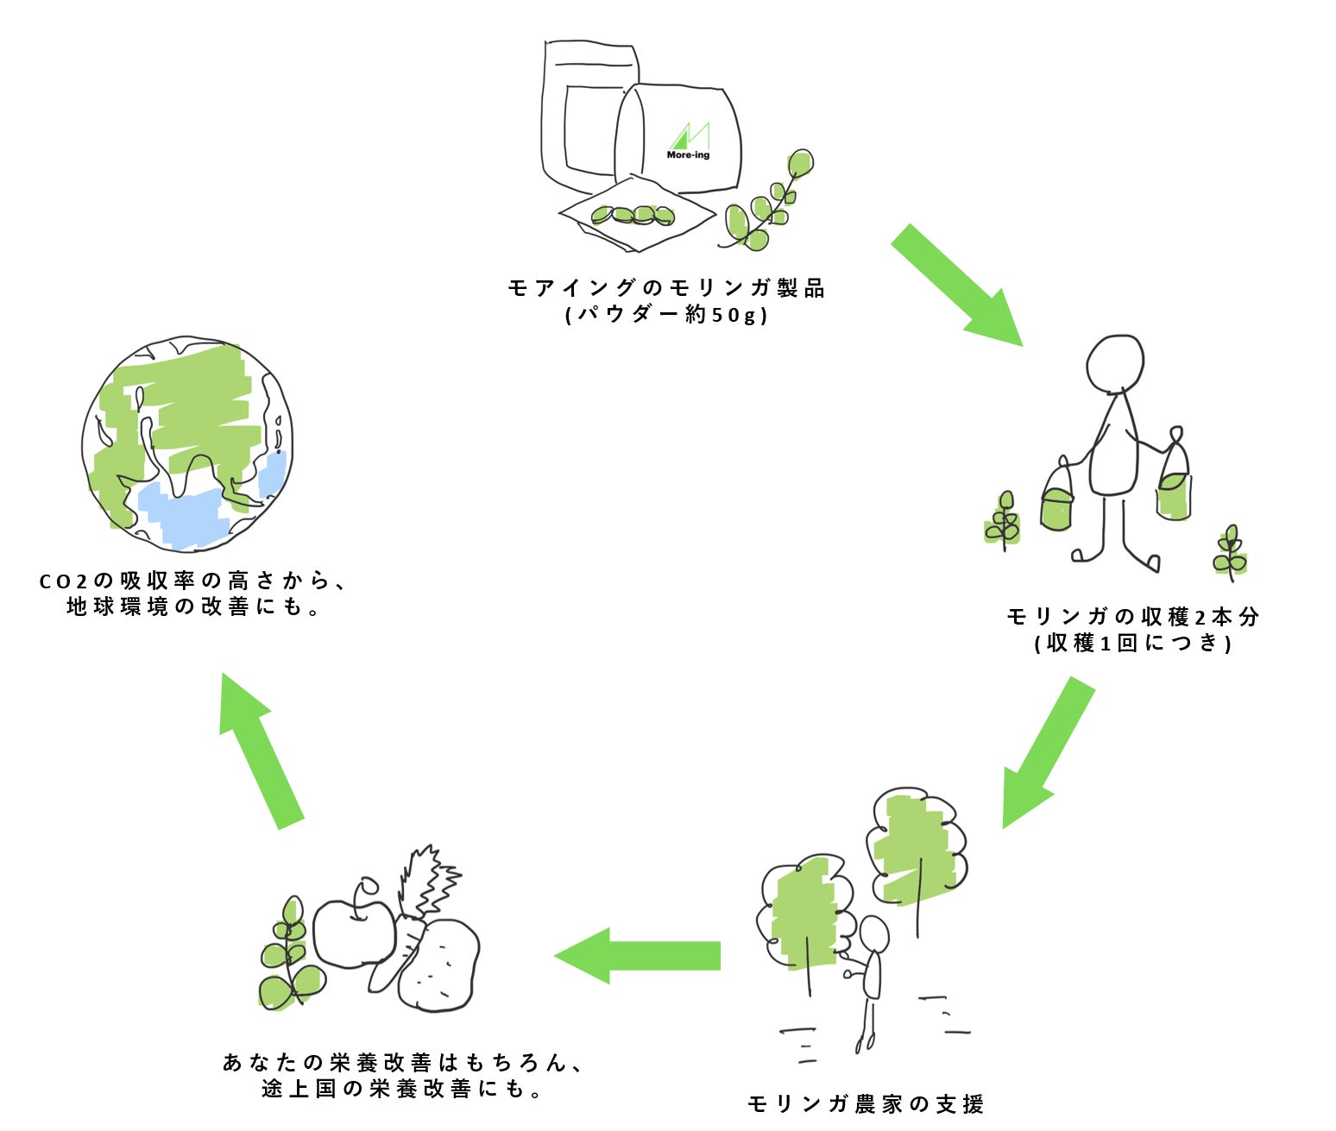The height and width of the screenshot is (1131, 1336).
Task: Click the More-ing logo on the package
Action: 688,142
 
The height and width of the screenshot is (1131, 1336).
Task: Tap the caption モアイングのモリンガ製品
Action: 666,288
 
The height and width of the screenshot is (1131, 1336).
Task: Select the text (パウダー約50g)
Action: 666,315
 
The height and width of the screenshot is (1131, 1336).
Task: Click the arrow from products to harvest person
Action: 957,286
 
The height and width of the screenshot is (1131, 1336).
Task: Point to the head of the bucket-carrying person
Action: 1115,363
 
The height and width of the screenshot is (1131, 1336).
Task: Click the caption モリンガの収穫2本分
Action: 1132,617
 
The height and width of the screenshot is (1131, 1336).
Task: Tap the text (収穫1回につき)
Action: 1132,643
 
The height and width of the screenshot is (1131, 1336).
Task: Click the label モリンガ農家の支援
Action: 865,1104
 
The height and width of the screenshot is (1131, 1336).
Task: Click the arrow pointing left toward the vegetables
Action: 639,956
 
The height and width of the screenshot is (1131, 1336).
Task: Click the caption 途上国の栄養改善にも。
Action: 402,1089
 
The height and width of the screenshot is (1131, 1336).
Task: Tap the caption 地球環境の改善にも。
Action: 194,607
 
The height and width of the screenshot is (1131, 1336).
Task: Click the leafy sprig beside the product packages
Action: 768,203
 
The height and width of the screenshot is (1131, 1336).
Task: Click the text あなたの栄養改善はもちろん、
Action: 404,1062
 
